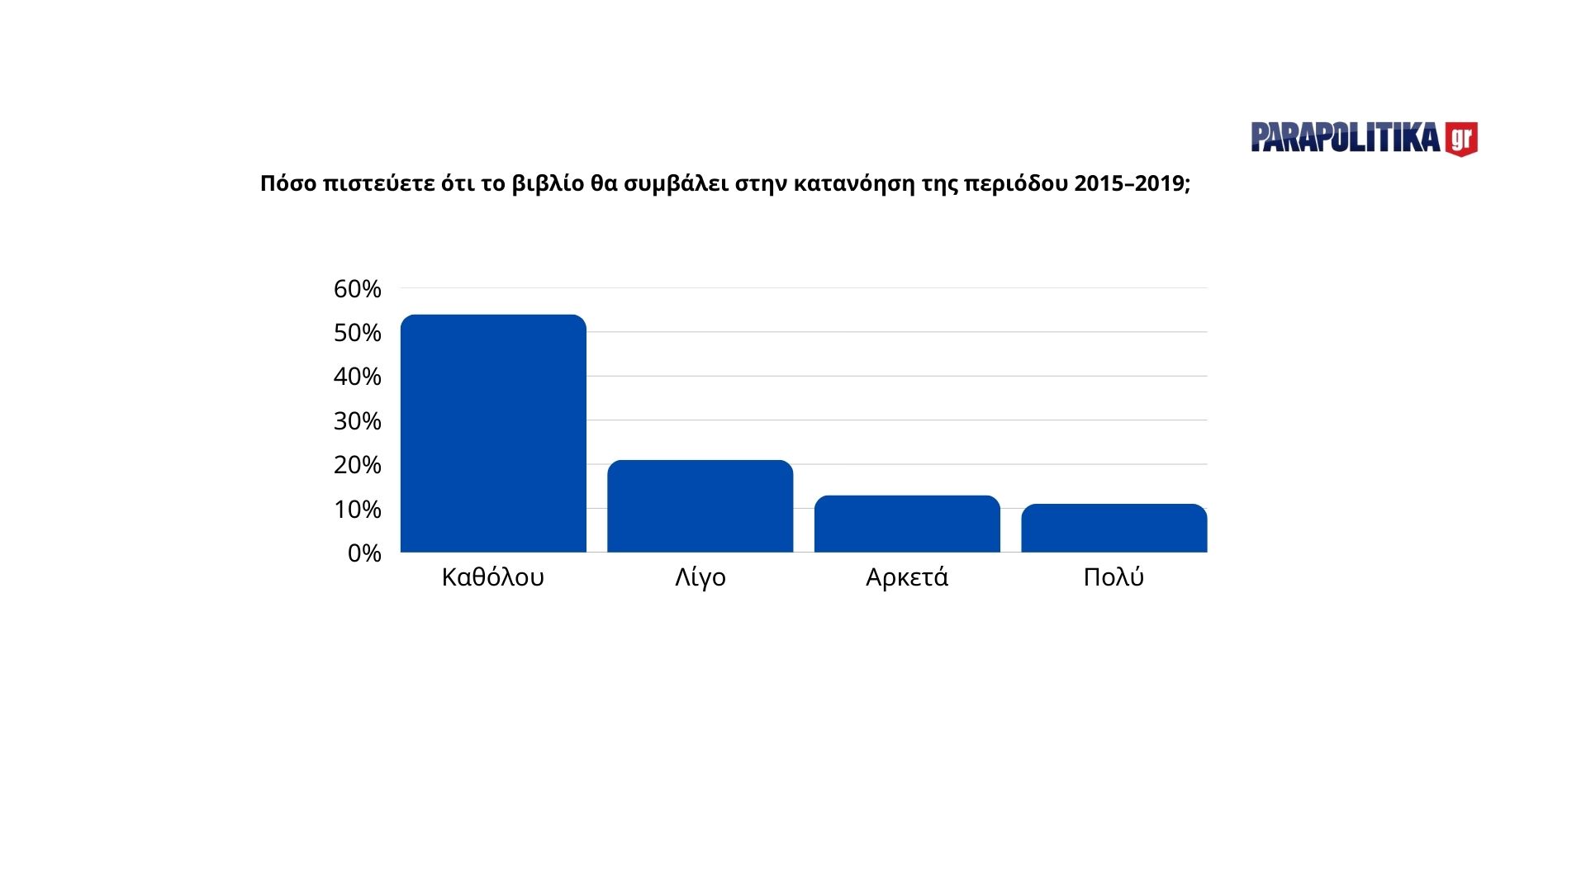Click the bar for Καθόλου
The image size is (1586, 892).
pos(493,434)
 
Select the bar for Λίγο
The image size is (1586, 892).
pos(700,506)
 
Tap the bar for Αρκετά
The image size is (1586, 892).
pos(907,524)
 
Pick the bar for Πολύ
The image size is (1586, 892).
pos(1114,528)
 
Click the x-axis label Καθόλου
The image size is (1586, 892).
pos(493,576)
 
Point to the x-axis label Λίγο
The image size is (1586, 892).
pos(700,576)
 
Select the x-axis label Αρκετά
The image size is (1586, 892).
pos(907,576)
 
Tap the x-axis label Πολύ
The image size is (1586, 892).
pos(1114,576)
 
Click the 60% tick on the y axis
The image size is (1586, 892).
pos(357,289)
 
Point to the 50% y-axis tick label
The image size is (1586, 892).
pos(357,333)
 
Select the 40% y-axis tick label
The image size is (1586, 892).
pos(357,377)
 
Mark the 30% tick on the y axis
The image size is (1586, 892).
pos(357,421)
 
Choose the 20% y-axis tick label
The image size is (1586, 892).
pos(357,465)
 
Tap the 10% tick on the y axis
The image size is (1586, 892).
pos(357,510)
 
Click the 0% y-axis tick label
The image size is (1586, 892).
pos(364,553)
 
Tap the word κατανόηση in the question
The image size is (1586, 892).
pos(855,183)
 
